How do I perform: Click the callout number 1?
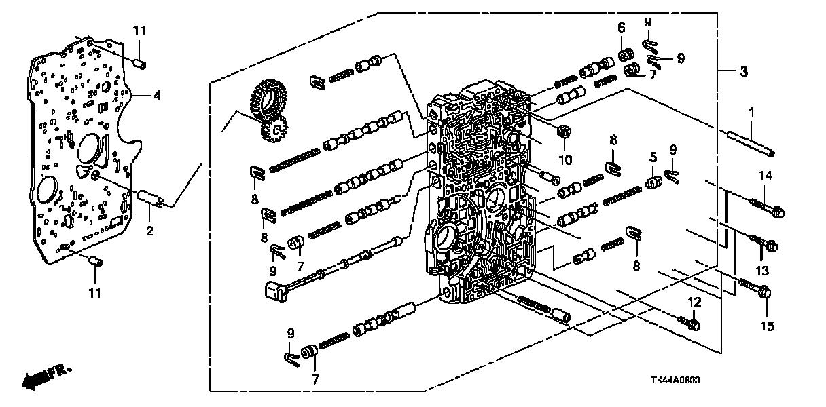[751, 111]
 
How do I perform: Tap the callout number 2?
[149, 231]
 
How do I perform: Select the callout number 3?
[744, 71]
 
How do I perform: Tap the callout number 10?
[565, 160]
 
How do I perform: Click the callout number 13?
[761, 270]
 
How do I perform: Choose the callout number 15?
[766, 327]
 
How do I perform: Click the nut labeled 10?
[562, 130]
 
